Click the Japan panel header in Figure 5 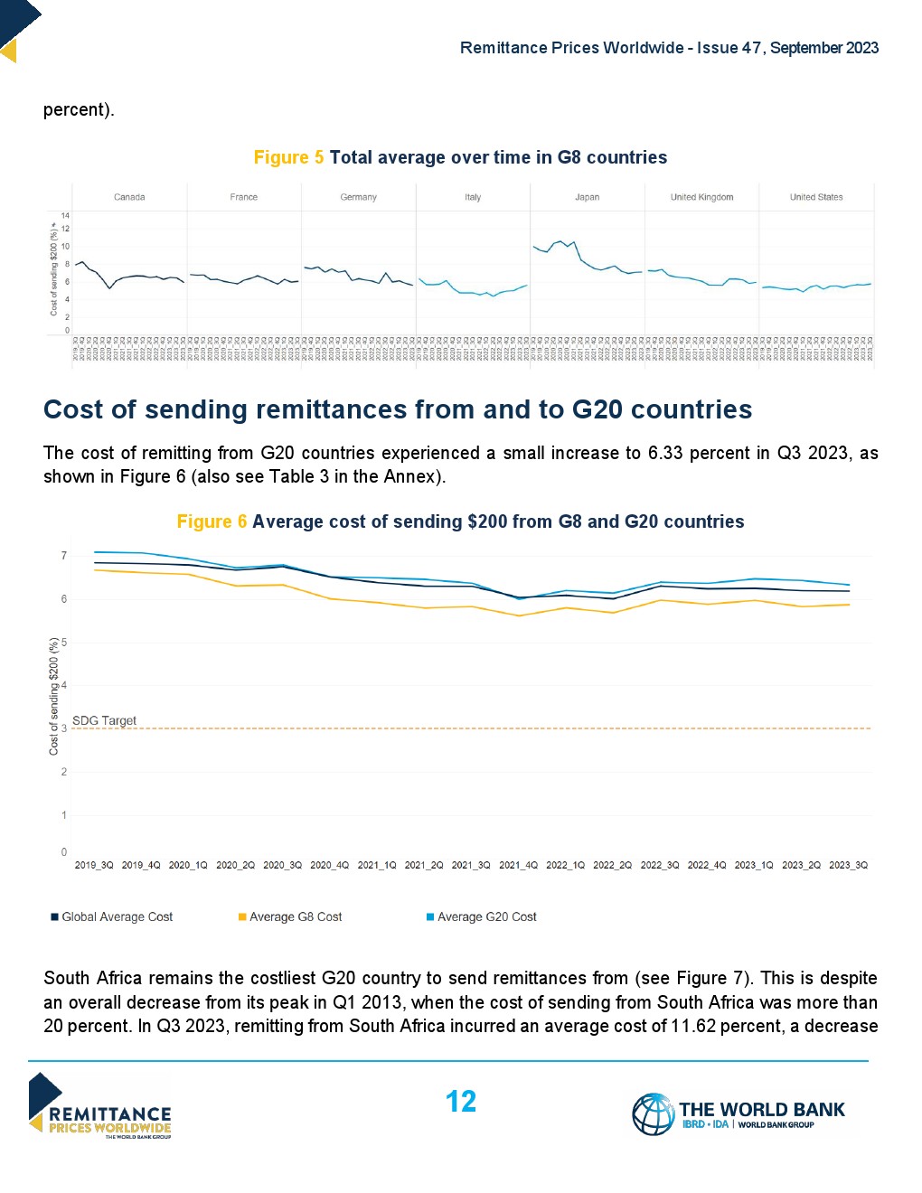(587, 197)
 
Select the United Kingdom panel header (701, 197)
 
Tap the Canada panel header (129, 197)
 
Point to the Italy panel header (473, 197)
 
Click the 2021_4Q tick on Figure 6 (518, 865)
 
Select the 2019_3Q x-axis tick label (94, 865)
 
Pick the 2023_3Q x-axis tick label (848, 865)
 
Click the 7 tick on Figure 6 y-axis (64, 556)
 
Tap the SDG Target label (104, 720)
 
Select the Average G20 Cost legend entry (486, 916)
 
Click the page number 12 (461, 1102)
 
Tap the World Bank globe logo (653, 1113)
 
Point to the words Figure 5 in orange (288, 157)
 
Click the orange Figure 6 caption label (212, 521)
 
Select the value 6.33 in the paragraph (665, 453)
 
